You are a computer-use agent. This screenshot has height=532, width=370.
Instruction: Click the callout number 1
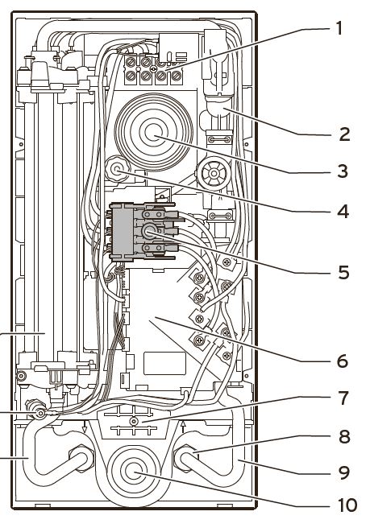coord(339,28)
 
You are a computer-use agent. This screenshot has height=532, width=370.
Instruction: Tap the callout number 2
coord(344,134)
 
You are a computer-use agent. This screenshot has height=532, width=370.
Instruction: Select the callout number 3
coord(343,171)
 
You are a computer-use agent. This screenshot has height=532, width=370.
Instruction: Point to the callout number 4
coord(343,212)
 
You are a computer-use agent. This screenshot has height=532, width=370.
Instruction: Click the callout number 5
coord(344,273)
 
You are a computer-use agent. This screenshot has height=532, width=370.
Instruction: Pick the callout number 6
coord(343,361)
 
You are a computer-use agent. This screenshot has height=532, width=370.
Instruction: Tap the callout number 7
coord(344,398)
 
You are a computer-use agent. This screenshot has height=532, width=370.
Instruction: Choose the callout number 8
coord(344,436)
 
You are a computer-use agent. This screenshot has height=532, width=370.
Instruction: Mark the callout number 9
coord(344,472)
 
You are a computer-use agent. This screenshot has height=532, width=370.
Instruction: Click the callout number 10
coord(347,505)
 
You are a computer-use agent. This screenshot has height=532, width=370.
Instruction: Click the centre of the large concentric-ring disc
coord(154,133)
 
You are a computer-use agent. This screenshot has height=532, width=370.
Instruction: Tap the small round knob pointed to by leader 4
coord(118,169)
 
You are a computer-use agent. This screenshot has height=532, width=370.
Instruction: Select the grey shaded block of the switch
coord(123,232)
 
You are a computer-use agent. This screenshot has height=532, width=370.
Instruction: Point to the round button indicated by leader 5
coord(148,232)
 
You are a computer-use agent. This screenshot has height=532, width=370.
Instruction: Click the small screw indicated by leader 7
coord(134,422)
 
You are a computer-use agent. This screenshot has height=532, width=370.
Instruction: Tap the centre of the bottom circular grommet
coord(134,472)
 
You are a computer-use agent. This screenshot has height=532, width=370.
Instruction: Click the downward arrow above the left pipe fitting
coord(85,427)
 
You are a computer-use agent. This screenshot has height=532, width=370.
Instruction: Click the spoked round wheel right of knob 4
coord(214,174)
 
